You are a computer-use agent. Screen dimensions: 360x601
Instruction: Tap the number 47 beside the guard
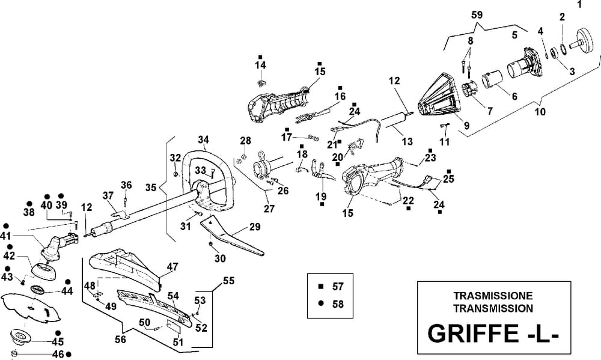coord(172,266)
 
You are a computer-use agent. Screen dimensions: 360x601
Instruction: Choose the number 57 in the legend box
coord(338,287)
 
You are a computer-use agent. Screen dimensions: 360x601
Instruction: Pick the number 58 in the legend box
coord(338,304)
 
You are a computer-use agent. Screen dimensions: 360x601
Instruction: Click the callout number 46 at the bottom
coord(58,353)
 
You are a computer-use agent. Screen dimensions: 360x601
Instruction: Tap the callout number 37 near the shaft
coord(108,195)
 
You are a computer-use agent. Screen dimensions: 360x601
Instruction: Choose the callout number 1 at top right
coord(579,5)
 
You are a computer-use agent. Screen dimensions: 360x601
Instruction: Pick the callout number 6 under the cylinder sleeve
coord(513,96)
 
